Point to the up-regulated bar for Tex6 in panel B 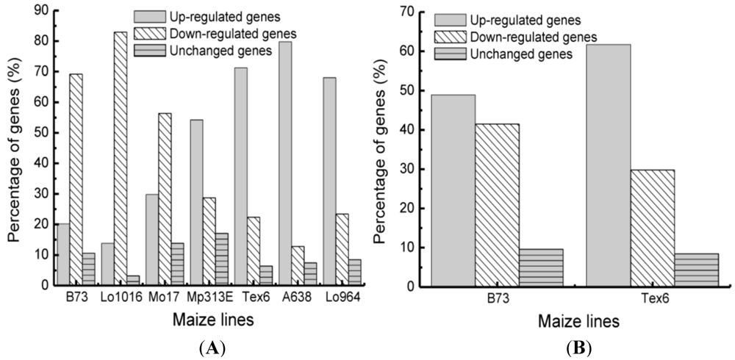tap(608, 165)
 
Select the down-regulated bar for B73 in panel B tap(497, 205)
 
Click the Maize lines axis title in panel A tap(200, 321)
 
